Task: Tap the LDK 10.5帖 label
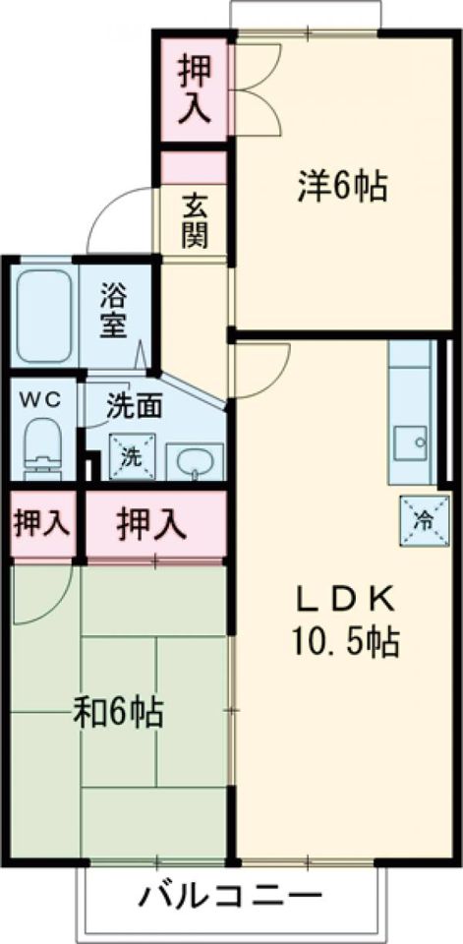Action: click(x=344, y=620)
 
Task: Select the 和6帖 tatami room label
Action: click(x=118, y=711)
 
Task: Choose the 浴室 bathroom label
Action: click(x=116, y=310)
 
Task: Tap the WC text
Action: click(x=40, y=400)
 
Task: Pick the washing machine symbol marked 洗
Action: click(x=131, y=456)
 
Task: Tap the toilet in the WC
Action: click(x=42, y=446)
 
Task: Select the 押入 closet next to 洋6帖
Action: click(x=195, y=89)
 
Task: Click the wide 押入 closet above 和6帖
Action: click(x=152, y=524)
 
